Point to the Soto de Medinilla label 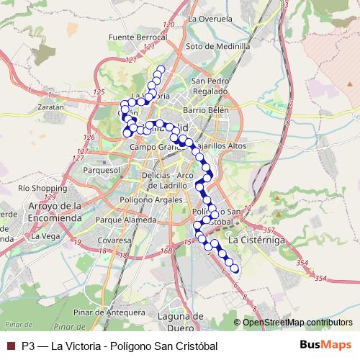[x=217, y=46]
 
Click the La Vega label [x=46, y=235]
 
